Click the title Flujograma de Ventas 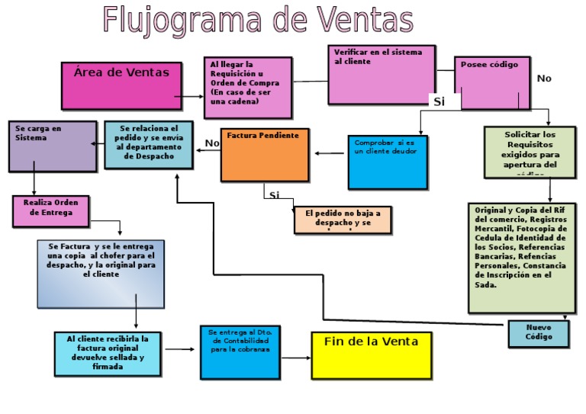click(x=258, y=21)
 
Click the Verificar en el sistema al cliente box click(x=381, y=74)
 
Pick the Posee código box click(x=491, y=83)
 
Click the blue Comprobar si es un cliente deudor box click(x=387, y=162)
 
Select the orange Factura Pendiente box click(x=264, y=155)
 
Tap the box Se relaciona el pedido click(x=148, y=145)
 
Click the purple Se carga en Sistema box click(x=53, y=146)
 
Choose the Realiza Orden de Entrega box click(x=50, y=211)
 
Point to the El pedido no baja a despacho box click(x=343, y=220)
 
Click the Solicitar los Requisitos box click(x=530, y=152)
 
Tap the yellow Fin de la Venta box click(x=371, y=355)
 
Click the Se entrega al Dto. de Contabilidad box click(x=240, y=352)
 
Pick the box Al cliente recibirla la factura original click(x=108, y=353)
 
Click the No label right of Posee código click(x=543, y=79)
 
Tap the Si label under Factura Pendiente click(x=274, y=195)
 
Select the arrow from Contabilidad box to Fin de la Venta click(x=295, y=349)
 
